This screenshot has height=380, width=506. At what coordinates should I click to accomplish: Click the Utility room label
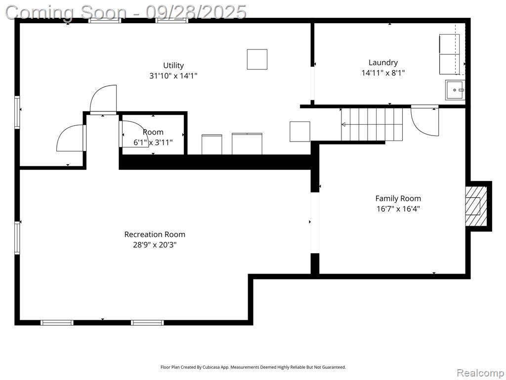pos(173,65)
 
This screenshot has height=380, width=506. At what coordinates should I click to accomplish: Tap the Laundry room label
pos(383,62)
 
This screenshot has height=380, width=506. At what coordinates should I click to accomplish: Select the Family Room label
pos(398,198)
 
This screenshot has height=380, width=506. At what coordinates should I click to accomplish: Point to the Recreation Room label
pos(155,234)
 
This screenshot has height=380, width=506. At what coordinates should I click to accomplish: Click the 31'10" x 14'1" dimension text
pos(173,76)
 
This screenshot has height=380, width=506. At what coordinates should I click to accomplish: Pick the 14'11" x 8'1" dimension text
pos(383,73)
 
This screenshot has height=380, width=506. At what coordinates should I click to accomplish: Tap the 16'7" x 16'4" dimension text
pos(398,209)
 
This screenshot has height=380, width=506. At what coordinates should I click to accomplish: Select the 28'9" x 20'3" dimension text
pos(155,245)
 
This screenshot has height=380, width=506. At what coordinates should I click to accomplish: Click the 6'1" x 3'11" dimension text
pos(153,142)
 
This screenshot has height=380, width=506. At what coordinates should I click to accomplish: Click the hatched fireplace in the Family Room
pos(476,206)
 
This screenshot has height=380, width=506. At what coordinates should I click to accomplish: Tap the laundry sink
pos(455,90)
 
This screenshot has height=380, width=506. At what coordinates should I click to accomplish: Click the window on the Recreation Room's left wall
pos(17,238)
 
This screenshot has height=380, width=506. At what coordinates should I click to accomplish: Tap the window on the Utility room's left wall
pos(17,112)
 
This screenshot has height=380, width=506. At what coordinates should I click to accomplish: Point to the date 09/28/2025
pos(196,12)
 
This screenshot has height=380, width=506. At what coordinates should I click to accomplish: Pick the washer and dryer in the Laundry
pos(449,54)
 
